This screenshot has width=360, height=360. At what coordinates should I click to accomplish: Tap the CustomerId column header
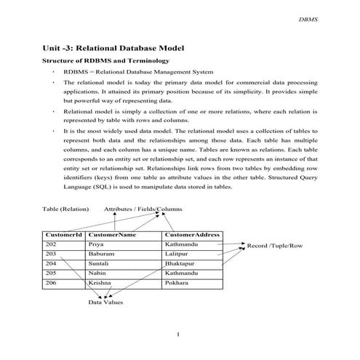[x=63, y=235]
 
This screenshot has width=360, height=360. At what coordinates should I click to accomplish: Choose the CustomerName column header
[x=112, y=235]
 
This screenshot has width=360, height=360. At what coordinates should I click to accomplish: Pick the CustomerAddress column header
[x=192, y=235]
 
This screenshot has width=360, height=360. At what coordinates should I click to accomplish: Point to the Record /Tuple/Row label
[x=274, y=246]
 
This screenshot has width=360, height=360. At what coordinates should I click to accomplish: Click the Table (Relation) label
[x=65, y=209]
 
